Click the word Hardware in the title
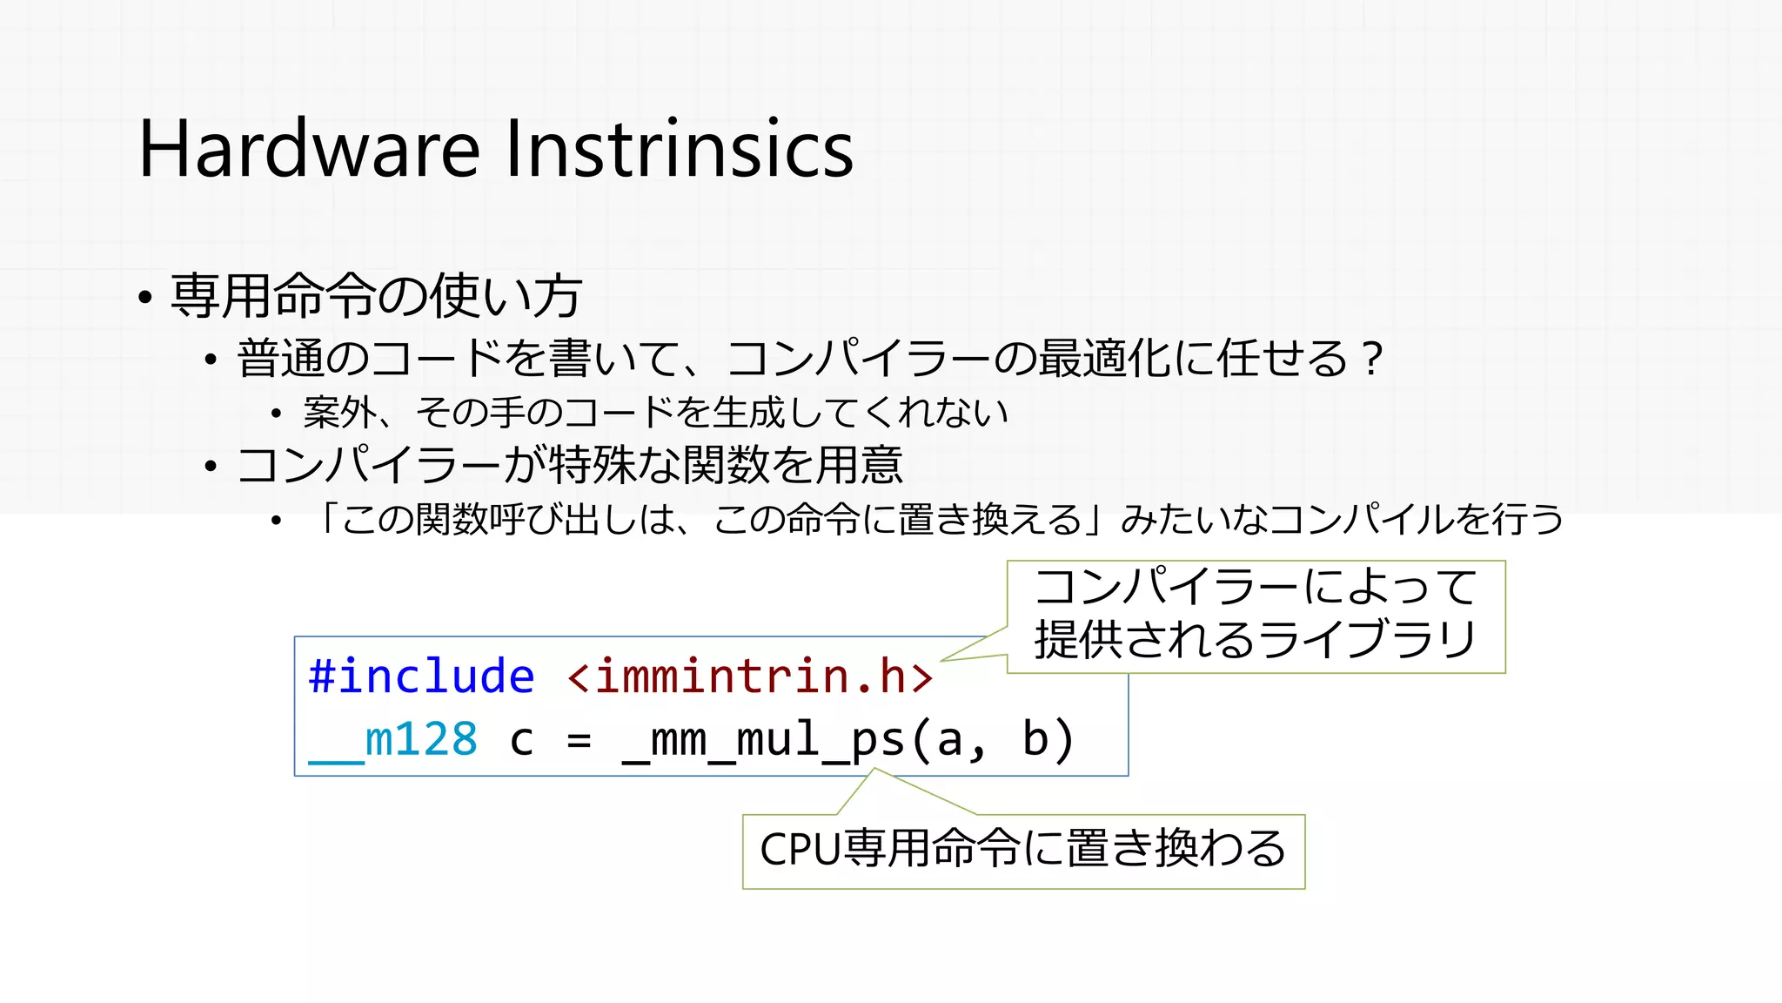pos(309,149)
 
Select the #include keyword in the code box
pos(421,677)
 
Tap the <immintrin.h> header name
pos(750,677)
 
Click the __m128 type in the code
pos(393,740)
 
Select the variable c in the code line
pos(521,741)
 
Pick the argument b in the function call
pos(1035,739)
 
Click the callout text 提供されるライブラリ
pos(1255,640)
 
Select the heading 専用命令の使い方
pos(376,296)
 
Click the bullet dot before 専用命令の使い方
pos(145,299)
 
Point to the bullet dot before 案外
pos(276,414)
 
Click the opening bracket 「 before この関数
pos(327,519)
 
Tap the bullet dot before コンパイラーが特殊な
pos(211,468)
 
